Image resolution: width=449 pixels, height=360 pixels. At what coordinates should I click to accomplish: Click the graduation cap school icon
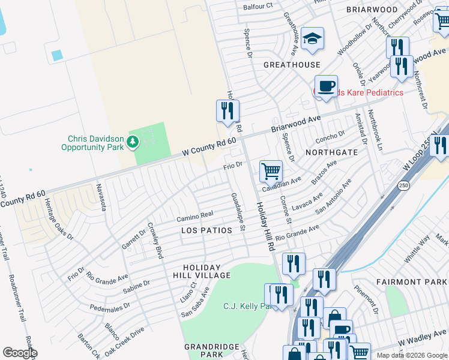(x=312, y=38)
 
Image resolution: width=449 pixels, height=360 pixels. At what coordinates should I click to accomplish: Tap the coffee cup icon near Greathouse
(x=326, y=86)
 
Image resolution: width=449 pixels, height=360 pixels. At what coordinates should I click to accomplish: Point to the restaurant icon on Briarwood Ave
(x=228, y=110)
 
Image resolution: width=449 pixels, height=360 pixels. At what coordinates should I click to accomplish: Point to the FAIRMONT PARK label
(x=411, y=281)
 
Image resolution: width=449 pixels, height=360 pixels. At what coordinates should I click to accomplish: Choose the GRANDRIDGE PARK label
(x=203, y=351)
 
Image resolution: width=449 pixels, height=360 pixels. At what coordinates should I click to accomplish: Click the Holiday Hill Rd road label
(x=264, y=226)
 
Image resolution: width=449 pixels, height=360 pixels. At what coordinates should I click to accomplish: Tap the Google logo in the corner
(x=20, y=353)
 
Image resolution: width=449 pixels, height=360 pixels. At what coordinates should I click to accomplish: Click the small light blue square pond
(x=57, y=55)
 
